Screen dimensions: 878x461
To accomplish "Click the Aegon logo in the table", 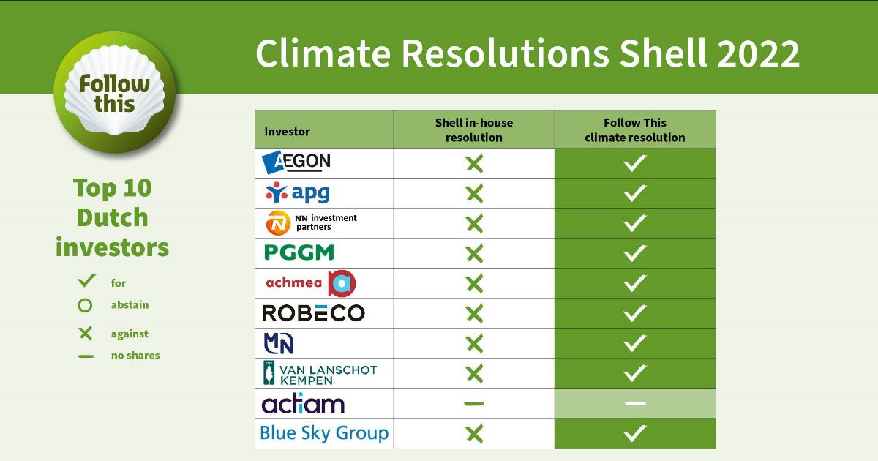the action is tap(296, 162).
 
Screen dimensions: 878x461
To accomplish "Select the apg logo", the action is tap(298, 192).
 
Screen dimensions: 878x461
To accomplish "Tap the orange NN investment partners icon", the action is tap(278, 223).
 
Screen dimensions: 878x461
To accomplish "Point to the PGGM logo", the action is tap(299, 252).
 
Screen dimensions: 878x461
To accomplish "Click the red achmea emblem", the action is tap(342, 283).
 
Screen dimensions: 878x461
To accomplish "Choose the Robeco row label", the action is tap(314, 313).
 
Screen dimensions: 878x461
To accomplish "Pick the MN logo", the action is tap(278, 343).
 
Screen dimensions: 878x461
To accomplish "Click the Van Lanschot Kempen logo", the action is tap(320, 373).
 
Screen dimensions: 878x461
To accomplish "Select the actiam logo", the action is tap(303, 403).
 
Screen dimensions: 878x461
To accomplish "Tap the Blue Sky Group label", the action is tap(324, 433).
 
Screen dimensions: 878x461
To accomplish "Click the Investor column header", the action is tap(287, 132).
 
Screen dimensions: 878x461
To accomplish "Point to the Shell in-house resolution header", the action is tap(474, 130).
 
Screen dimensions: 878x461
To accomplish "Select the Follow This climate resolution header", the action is tap(635, 130).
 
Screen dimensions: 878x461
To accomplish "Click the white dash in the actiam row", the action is tap(635, 403).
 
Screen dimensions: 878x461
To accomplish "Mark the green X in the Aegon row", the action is tap(475, 163).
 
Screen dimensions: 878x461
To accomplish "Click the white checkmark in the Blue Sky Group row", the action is tap(635, 433).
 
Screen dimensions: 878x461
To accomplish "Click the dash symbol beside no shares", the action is tap(86, 356).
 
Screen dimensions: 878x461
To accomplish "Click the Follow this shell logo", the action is tap(115, 92).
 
